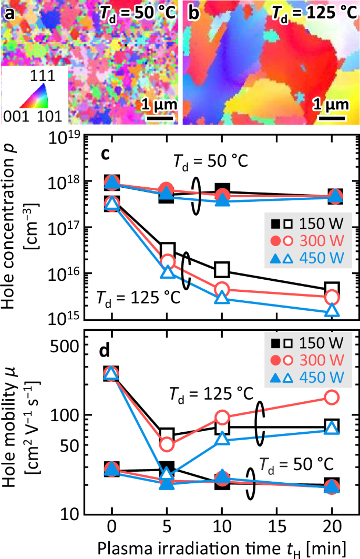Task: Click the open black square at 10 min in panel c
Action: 222,269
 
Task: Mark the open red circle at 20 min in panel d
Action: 332,397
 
